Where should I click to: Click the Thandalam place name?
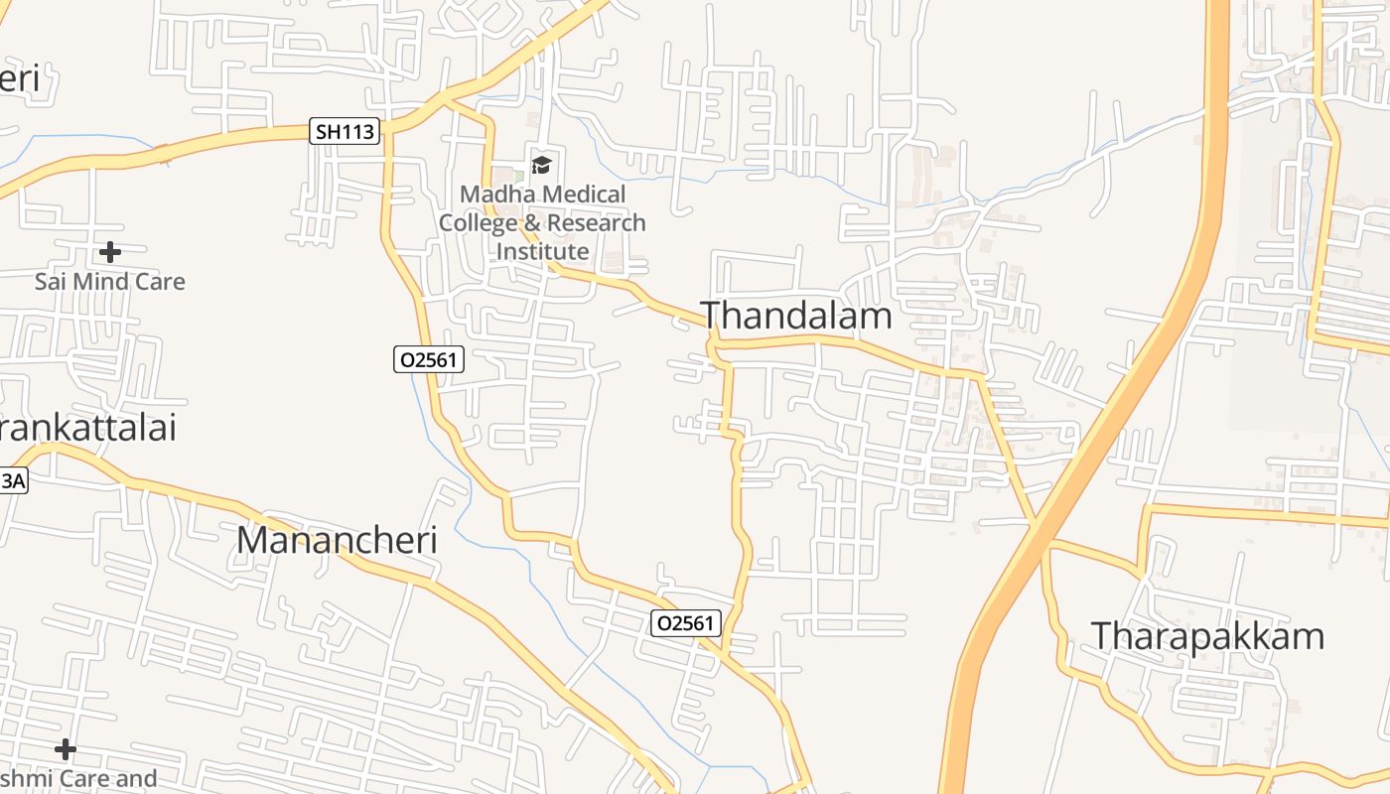(x=797, y=316)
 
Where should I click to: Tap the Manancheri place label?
(x=338, y=540)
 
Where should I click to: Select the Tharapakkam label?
(x=1207, y=635)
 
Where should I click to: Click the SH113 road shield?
(x=346, y=131)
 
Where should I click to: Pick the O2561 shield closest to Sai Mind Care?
(x=429, y=359)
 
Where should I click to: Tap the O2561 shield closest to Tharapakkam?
(x=686, y=623)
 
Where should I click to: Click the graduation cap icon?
(x=541, y=165)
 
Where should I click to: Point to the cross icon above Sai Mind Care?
(x=110, y=252)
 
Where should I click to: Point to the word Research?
(x=596, y=222)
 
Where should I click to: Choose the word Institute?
(x=542, y=251)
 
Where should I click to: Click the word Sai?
(x=51, y=282)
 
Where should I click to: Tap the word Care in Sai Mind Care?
(x=159, y=282)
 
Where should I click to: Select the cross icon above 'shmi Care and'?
(x=66, y=748)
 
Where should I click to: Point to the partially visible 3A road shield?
(x=12, y=481)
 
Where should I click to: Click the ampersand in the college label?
(x=530, y=222)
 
